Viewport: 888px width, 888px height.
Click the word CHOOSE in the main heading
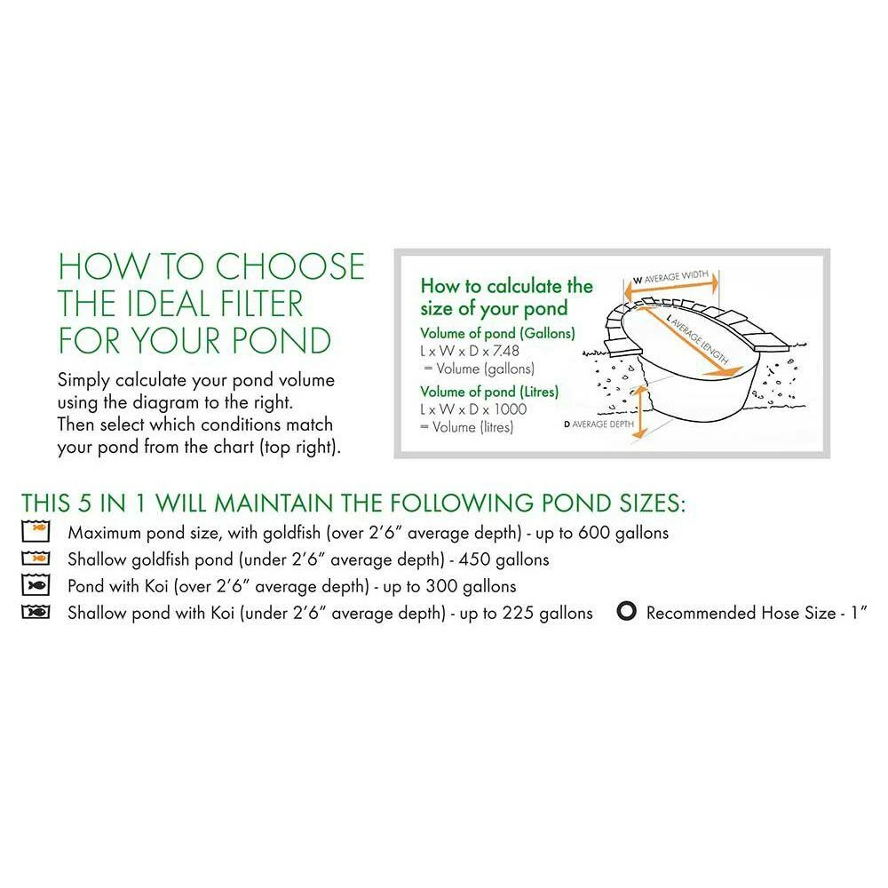coord(290,266)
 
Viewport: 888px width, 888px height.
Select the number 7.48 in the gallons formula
coord(506,351)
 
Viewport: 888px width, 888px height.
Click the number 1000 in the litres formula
coord(511,409)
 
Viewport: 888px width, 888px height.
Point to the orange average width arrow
coord(671,287)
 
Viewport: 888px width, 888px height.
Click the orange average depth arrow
coord(639,412)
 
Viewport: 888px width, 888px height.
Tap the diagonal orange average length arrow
coord(689,338)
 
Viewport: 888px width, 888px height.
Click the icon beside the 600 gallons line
coord(36,531)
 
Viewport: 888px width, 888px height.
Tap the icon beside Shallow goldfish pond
coord(36,559)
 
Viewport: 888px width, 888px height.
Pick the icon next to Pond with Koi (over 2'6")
coord(36,585)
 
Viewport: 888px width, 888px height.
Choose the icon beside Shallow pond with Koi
coord(36,612)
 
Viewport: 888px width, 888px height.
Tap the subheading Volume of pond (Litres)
coord(489,392)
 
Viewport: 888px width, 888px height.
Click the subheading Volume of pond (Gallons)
coord(497,334)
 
